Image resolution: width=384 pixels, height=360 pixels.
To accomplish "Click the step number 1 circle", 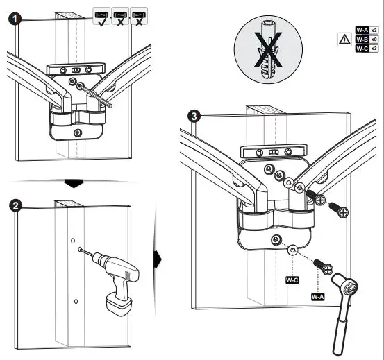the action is tap(15, 19).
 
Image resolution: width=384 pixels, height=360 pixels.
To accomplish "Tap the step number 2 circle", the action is tap(15, 206).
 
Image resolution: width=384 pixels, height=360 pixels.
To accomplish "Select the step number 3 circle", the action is tap(194, 117).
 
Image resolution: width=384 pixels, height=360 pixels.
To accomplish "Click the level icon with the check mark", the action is tap(101, 16).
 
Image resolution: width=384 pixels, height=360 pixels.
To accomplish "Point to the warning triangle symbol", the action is tap(344, 39).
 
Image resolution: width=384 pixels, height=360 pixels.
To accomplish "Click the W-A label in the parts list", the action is tap(362, 30).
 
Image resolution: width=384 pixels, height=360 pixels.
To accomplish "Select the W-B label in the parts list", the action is tap(362, 39).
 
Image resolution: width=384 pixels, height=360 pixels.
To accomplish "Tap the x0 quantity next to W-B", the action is tap(374, 39).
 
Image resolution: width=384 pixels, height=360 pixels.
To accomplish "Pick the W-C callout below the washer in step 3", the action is tap(292, 280).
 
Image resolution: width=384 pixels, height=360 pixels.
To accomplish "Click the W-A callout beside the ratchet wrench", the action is tap(317, 297).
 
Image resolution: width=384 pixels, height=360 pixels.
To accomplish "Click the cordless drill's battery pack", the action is tap(119, 304).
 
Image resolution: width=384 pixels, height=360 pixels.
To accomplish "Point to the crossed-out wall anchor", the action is tap(268, 50).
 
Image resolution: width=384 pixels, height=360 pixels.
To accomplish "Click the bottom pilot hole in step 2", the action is tap(76, 302).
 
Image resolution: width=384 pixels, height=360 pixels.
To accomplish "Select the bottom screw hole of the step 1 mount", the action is tap(78, 132).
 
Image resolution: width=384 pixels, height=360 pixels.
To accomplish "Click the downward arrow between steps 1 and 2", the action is tap(74, 183).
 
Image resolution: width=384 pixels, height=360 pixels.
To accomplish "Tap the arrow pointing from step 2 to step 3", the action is tap(158, 259).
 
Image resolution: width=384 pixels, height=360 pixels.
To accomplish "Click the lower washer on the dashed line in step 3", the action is tap(292, 250).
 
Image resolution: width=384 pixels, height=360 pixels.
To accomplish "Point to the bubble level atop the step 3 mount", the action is tap(274, 151).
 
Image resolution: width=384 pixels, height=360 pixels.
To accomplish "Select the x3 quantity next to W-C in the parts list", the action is tap(374, 49).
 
